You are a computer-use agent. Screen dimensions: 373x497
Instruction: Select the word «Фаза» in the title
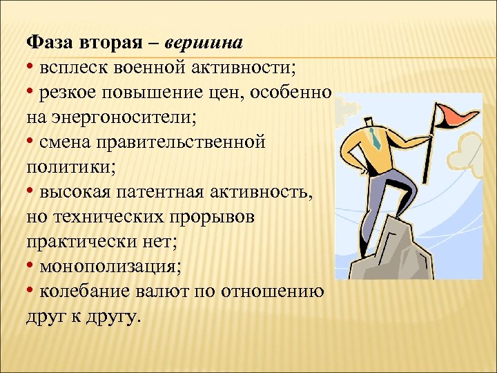[x=49, y=43]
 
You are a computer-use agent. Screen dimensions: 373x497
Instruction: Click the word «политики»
[x=63, y=167]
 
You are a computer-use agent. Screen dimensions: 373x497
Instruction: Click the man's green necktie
[x=376, y=139]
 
